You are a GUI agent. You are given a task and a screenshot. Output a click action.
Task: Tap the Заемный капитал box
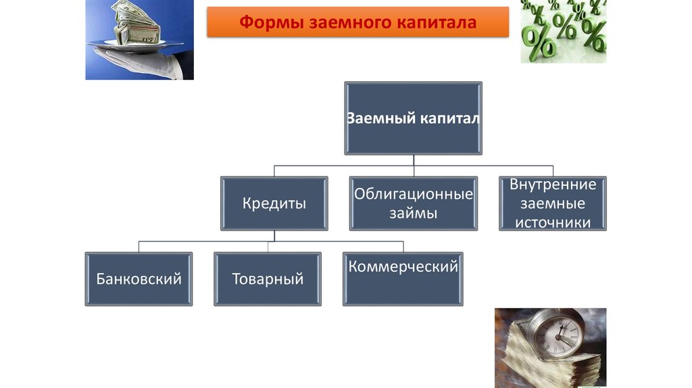[x=413, y=118]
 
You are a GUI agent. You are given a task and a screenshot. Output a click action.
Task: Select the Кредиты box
[x=274, y=203]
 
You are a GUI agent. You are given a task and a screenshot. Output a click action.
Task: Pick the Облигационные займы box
[x=413, y=203]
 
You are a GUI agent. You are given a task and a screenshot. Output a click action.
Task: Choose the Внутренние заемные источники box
[x=552, y=203]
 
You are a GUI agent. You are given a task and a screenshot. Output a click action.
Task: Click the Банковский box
[x=139, y=278]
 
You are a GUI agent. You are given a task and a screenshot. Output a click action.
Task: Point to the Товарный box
[x=268, y=278]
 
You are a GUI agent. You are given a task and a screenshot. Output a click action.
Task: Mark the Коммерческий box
[x=403, y=278]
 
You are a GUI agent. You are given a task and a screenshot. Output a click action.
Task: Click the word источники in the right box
[x=553, y=222]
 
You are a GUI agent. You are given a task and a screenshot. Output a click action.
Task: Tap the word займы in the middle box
[x=413, y=214]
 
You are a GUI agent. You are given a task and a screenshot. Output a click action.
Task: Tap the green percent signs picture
[x=563, y=30]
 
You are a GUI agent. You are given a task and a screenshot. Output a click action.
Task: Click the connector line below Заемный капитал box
[x=413, y=161]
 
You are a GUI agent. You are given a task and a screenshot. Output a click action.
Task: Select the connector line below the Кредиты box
[x=274, y=237]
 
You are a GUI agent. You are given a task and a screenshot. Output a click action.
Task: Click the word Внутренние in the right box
[x=553, y=185]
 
